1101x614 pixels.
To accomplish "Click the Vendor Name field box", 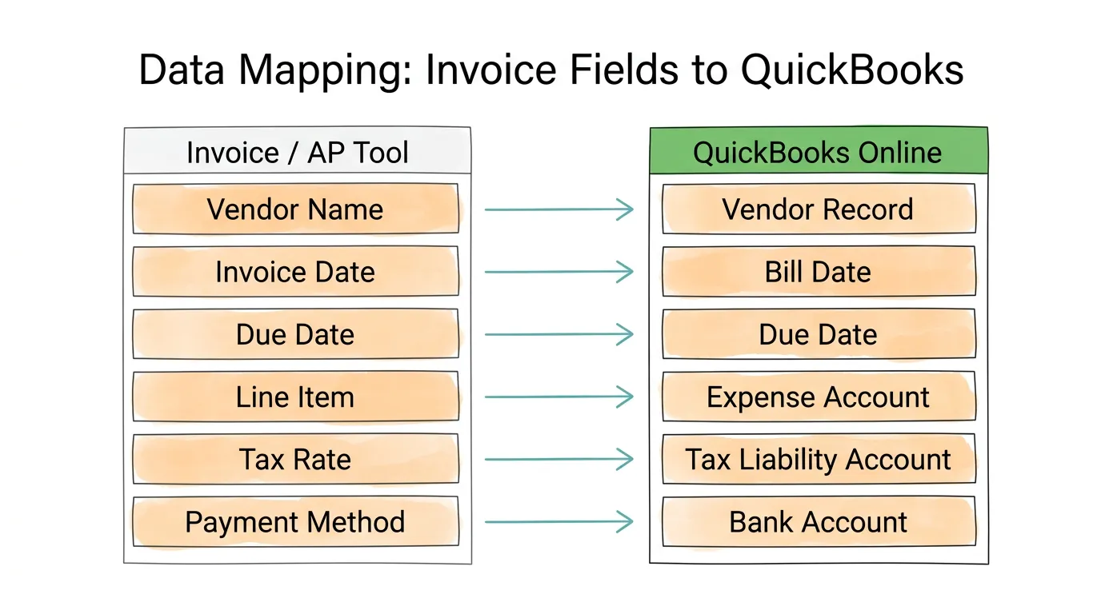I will click(x=295, y=209).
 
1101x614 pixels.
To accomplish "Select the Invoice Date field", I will click(x=295, y=272).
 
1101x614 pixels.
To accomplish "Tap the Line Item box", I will click(x=295, y=397).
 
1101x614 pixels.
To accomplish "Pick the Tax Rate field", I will click(x=295, y=460).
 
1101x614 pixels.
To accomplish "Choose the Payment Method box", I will click(x=295, y=522).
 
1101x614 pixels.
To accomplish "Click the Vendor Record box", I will click(x=818, y=209).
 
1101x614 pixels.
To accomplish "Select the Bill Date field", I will click(x=818, y=272).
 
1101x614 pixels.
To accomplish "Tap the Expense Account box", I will click(x=818, y=397).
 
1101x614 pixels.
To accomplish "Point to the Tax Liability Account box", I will click(x=818, y=460).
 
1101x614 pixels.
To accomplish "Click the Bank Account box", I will click(x=818, y=522).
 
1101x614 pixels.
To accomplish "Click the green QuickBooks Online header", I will click(x=818, y=152).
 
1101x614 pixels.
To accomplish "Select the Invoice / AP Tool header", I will click(x=297, y=152).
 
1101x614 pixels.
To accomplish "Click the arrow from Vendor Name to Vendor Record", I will click(x=559, y=209).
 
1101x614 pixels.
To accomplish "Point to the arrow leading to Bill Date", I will click(x=559, y=272).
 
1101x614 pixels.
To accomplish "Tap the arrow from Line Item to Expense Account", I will click(x=559, y=397).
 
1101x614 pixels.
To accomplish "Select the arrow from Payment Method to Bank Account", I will click(x=559, y=522).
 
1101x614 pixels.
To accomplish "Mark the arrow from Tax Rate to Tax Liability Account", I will click(x=559, y=460).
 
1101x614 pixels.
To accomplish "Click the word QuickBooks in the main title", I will click(x=851, y=70).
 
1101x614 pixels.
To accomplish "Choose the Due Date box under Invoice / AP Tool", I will click(x=295, y=334).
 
